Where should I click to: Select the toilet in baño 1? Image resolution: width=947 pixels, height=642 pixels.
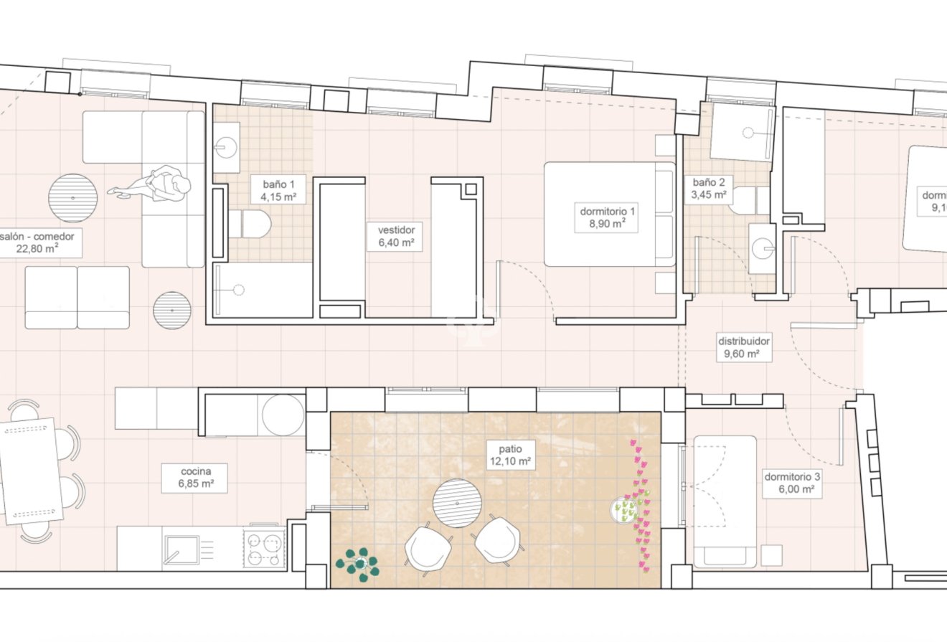(x=251, y=224)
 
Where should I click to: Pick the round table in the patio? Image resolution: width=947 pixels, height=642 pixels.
(x=457, y=504)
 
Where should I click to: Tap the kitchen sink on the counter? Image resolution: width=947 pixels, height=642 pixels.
(x=182, y=549)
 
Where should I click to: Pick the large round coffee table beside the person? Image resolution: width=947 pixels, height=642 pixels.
(x=72, y=198)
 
